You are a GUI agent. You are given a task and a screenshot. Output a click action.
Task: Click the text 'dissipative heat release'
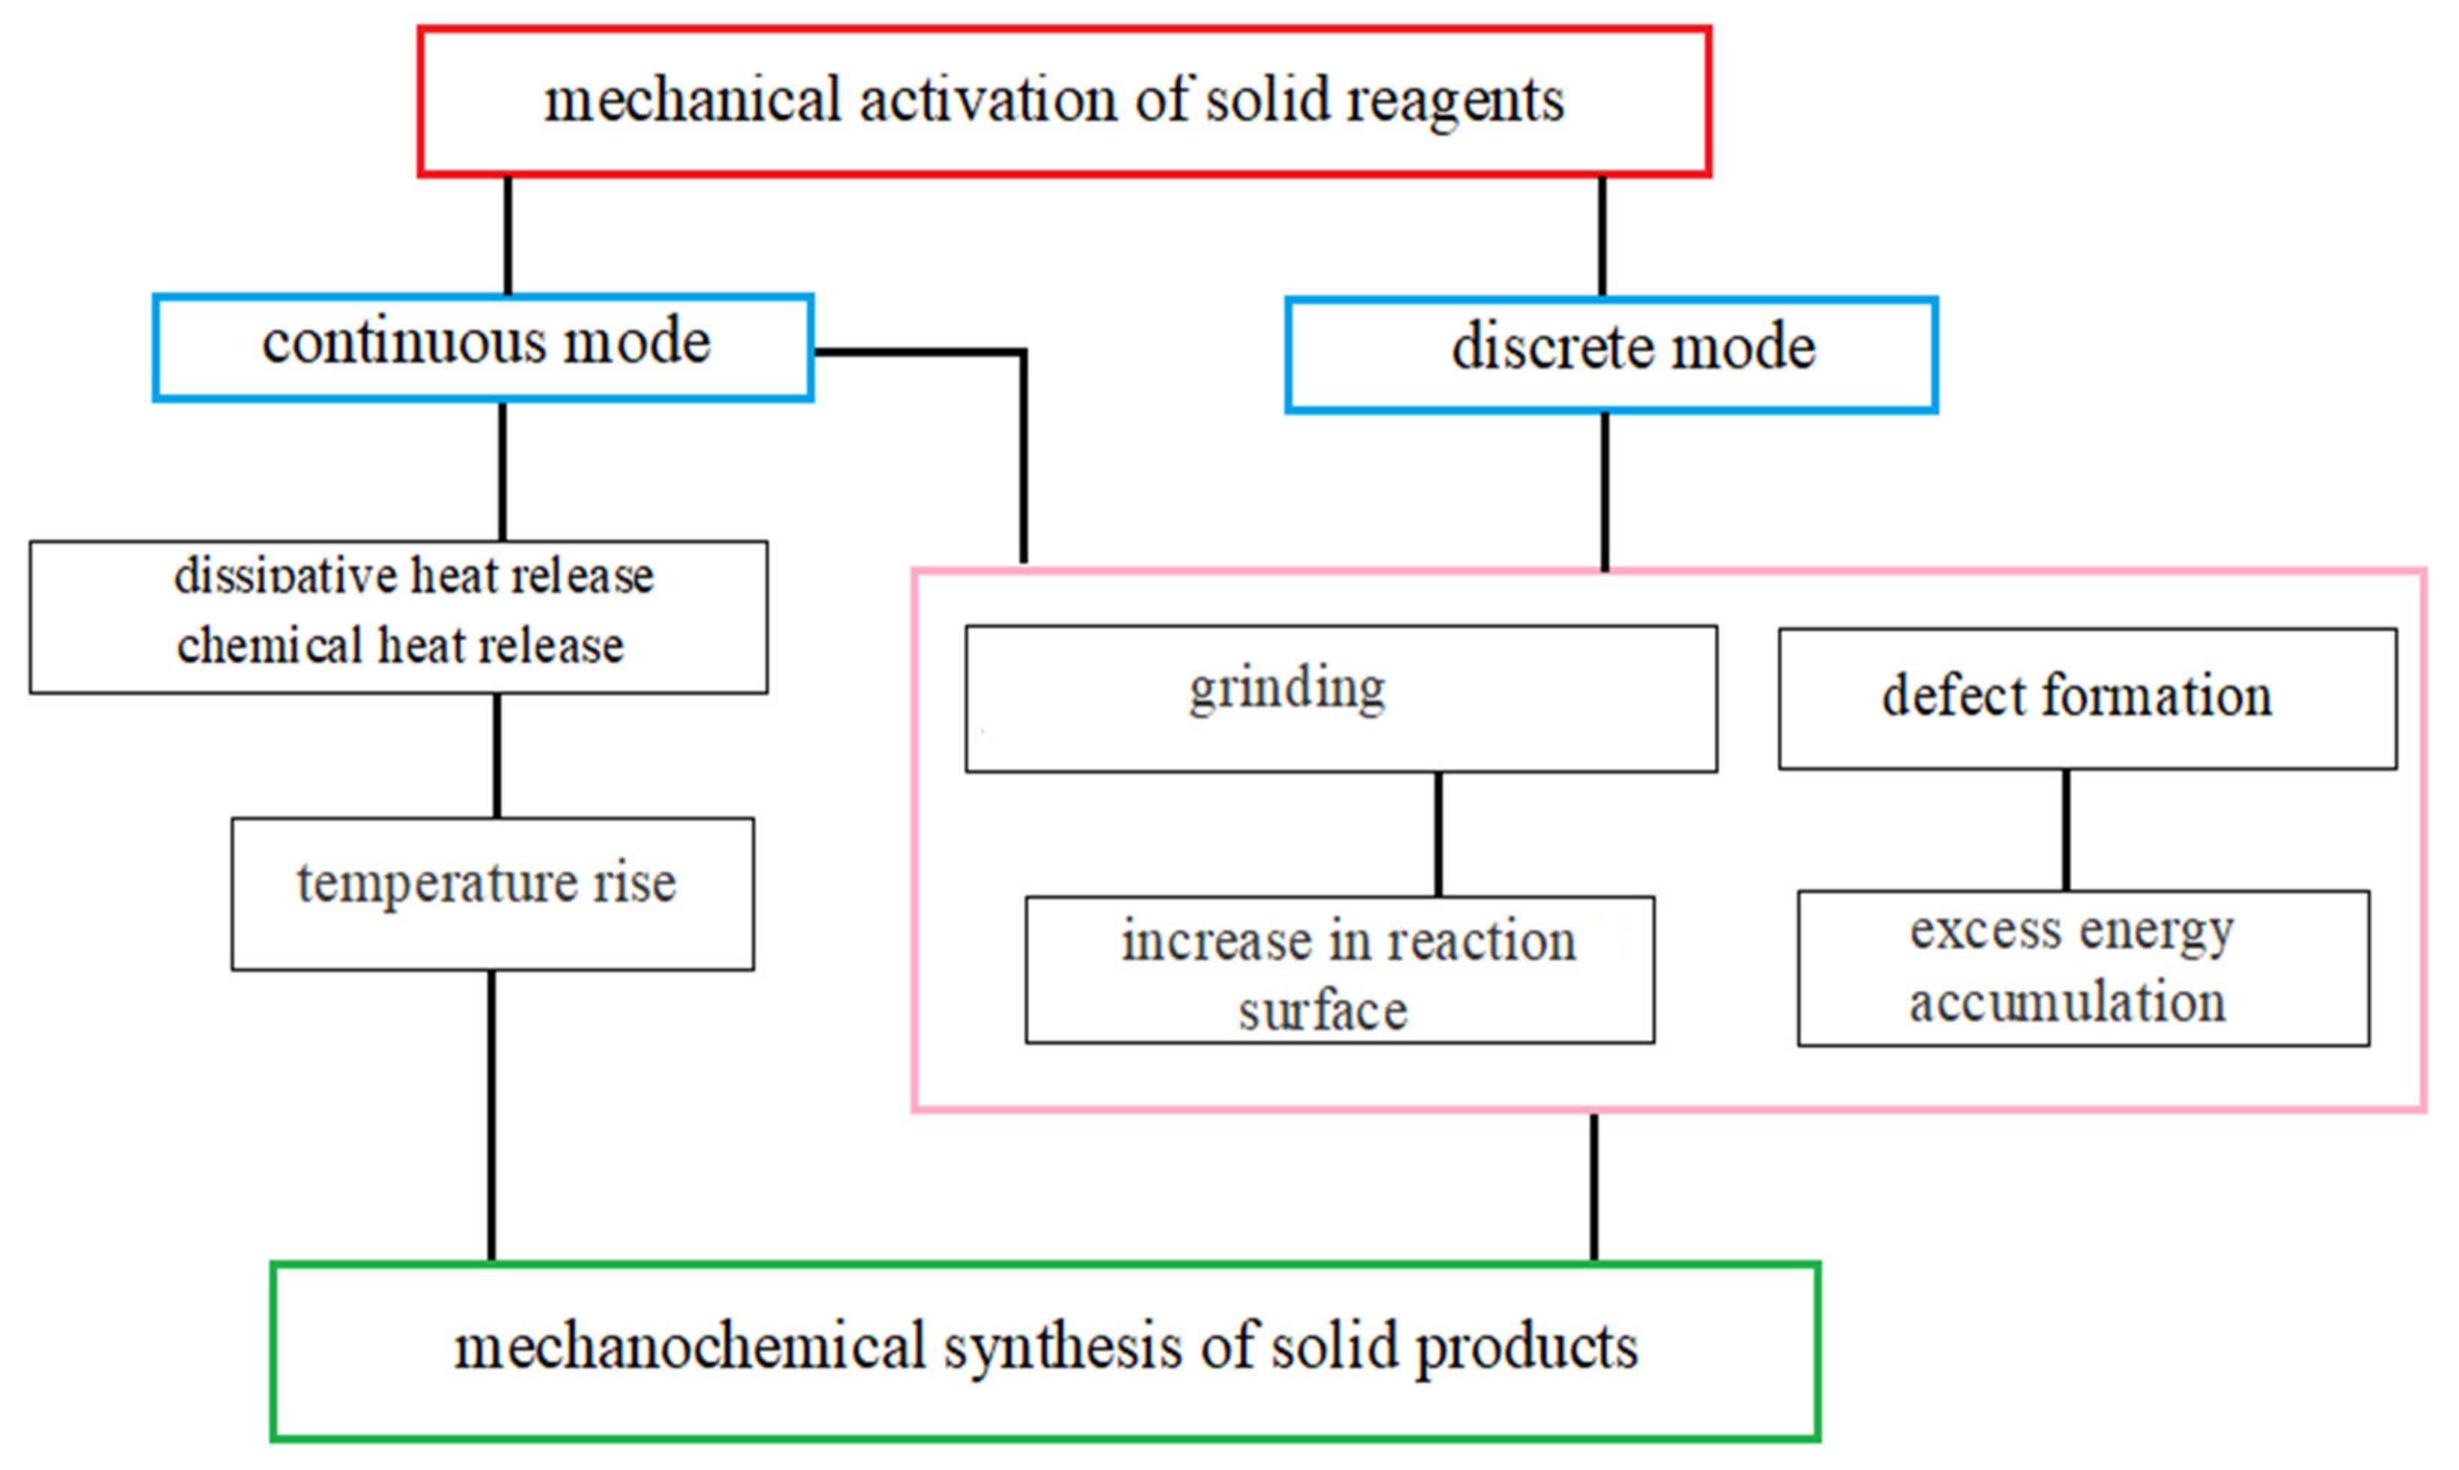tap(413, 576)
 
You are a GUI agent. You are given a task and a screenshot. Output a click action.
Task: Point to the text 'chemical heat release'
tap(401, 647)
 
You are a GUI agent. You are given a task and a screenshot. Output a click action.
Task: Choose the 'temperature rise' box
tap(493, 894)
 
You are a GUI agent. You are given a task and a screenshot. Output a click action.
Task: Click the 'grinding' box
tap(1340, 698)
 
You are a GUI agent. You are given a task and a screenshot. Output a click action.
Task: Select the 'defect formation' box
tap(2087, 698)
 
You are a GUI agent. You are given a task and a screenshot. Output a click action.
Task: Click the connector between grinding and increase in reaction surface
tap(1438, 834)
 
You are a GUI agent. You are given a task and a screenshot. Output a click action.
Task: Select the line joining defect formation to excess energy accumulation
tap(2066, 829)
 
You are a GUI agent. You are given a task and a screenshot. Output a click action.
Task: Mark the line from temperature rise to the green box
tap(491, 1114)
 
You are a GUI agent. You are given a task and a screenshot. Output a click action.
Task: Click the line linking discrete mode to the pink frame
tap(1604, 490)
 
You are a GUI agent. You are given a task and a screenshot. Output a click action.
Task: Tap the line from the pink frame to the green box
tap(1593, 1186)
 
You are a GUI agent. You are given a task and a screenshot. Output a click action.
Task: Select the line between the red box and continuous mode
tap(508, 236)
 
